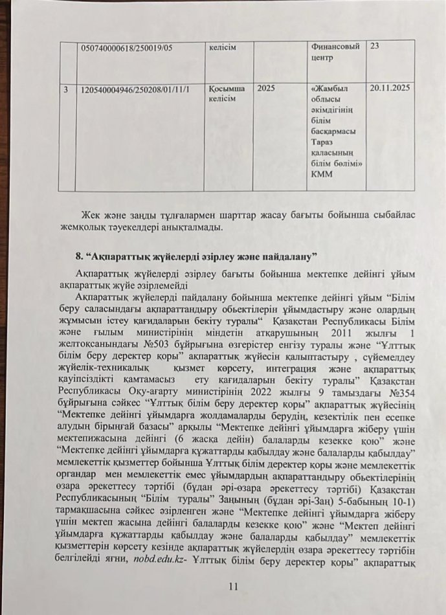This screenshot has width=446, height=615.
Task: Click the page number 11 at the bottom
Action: [x=234, y=587]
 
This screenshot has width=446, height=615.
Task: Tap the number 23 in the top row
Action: [x=375, y=47]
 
